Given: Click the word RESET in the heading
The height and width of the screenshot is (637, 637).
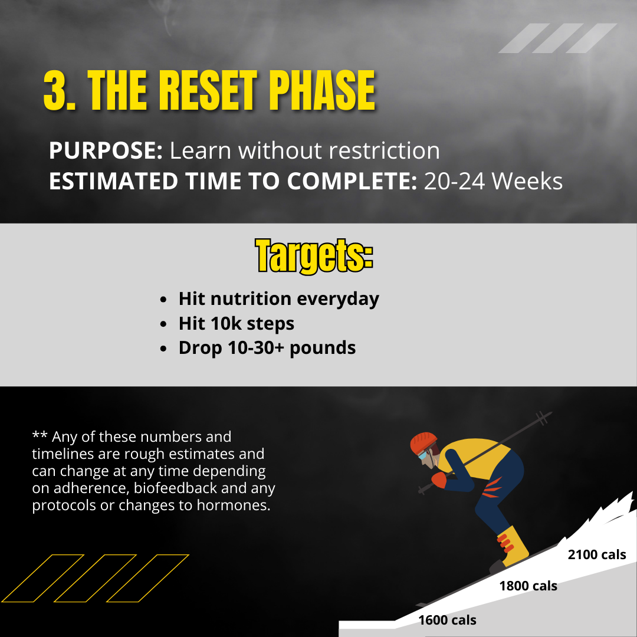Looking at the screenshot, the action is pos(208,90).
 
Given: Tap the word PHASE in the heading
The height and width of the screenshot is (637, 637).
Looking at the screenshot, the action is pos(322,90).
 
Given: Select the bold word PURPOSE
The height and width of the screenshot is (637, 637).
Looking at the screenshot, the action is pos(106,150).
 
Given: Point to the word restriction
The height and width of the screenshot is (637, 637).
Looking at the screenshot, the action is pos(384,150).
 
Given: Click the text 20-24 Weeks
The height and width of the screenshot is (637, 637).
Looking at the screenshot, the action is pos(493,181).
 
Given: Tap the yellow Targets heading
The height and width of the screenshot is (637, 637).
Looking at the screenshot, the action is pos(314,256).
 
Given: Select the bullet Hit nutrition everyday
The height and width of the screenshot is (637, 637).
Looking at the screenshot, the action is pos(278,300).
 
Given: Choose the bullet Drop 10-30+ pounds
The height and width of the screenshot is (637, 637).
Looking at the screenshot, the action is pos(267,348).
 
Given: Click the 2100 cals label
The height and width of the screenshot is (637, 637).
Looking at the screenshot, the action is pos(597,554).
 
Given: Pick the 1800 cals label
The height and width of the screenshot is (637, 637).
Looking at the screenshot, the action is pos(528,586).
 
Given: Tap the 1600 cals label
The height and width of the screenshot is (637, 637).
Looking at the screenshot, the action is pos(447,620).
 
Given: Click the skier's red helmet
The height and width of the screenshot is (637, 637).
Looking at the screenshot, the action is pos(423,442).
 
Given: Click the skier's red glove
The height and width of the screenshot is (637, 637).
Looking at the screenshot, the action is pos(439,480).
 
